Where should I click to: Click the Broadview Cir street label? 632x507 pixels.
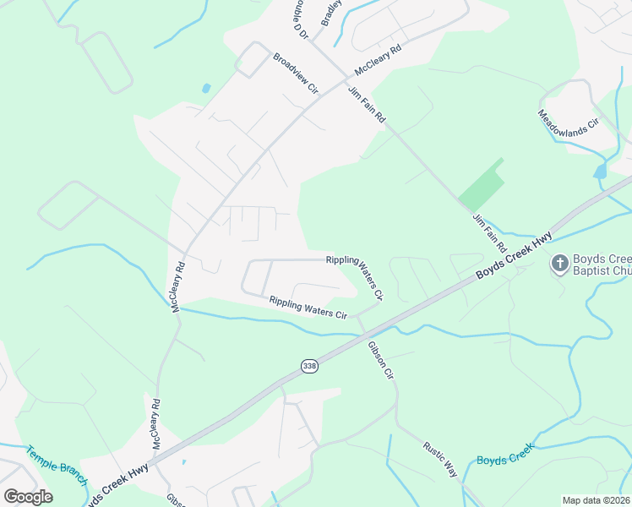(x=295, y=74)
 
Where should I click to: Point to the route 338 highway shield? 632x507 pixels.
(x=309, y=365)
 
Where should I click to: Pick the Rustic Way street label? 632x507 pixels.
(x=440, y=461)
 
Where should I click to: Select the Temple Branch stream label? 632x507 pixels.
(x=56, y=466)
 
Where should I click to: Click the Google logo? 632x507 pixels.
(x=28, y=496)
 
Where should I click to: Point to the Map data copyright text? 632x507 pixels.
(x=596, y=500)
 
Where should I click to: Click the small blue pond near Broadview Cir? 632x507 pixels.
(x=206, y=88)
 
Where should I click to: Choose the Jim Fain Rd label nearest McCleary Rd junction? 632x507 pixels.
(x=366, y=106)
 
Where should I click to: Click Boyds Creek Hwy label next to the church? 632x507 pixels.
(x=513, y=256)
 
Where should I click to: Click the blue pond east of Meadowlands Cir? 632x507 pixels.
(x=600, y=172)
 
